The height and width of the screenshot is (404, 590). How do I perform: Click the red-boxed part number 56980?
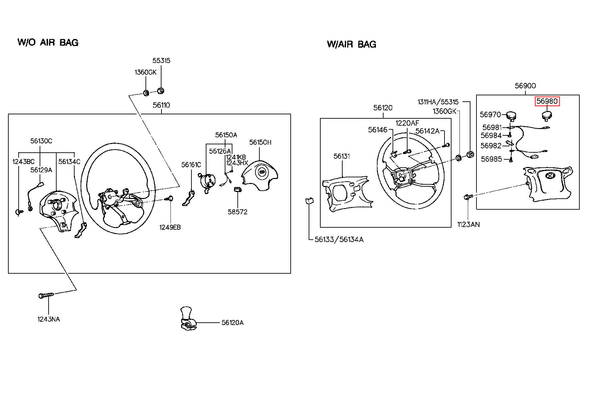coord(547,101)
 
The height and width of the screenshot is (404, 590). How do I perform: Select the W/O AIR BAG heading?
coord(48,42)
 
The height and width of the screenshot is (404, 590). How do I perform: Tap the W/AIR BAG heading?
coord(352,44)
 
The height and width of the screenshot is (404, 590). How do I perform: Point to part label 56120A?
coord(232,323)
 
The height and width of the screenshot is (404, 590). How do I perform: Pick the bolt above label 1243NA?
coord(46,295)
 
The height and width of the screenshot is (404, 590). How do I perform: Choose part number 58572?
coord(237,212)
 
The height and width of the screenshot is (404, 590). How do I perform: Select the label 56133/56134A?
coord(339,239)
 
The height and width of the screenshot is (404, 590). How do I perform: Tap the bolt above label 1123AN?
coord(466,197)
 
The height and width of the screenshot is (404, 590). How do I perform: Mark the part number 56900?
coord(525,86)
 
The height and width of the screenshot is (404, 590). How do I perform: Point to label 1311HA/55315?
coord(438,102)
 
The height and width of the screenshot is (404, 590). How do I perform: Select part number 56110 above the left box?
coord(161,105)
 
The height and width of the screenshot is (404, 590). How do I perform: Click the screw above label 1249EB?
coord(169,199)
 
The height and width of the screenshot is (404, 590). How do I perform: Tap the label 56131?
coord(342,156)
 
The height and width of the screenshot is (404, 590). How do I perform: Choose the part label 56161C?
coord(191,165)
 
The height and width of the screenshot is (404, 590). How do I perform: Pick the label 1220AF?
coord(407,123)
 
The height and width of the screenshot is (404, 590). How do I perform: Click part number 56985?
coord(491,159)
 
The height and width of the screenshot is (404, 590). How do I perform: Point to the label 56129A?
coord(41,170)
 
